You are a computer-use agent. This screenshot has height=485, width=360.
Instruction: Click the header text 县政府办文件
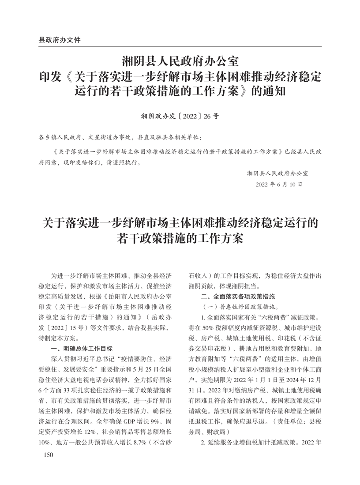[x=60, y=40]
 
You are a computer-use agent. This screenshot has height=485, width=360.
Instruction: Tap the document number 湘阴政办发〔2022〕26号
[x=180, y=117]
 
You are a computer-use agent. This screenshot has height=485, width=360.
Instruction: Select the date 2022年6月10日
[x=279, y=184]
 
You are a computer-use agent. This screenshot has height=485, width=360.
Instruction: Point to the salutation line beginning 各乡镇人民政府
[x=120, y=137]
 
